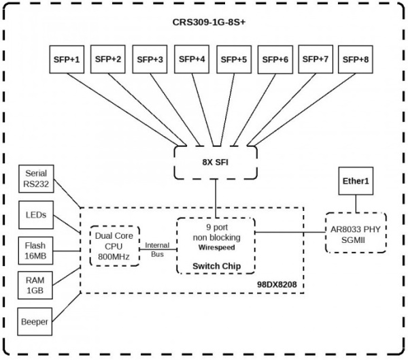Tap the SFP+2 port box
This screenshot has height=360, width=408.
(x=109, y=59)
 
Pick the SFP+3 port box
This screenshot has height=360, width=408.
(x=150, y=59)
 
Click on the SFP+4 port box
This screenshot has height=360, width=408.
(x=192, y=59)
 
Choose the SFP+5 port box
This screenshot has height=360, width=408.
(x=233, y=59)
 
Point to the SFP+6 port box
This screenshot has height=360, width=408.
(x=275, y=59)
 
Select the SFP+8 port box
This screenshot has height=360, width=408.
(x=356, y=59)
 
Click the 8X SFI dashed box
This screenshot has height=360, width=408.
(x=216, y=162)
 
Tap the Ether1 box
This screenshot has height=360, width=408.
(x=356, y=182)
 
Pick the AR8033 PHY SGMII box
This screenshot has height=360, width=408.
(x=356, y=233)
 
